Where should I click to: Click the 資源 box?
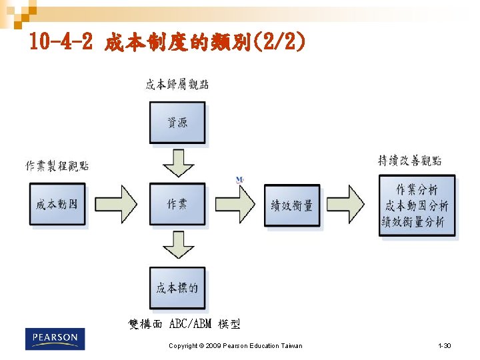177,123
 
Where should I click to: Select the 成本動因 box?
57,204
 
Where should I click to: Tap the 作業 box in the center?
177,204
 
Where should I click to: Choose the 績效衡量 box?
292,205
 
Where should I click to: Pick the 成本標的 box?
177,287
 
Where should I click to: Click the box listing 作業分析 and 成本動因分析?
417,205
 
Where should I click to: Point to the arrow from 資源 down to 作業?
178,163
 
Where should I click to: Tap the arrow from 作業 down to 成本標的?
178,245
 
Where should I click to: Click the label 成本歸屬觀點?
177,84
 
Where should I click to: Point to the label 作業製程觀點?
57,166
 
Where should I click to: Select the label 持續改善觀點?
409,161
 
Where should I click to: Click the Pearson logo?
55,339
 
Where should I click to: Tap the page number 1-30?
444,345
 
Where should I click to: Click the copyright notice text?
235,345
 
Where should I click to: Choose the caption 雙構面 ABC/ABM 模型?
184,324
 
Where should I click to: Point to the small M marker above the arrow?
239,180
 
